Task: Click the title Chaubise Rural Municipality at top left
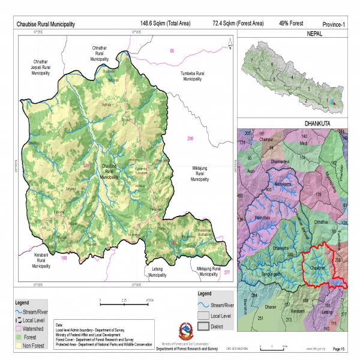45,24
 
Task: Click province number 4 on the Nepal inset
292,77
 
